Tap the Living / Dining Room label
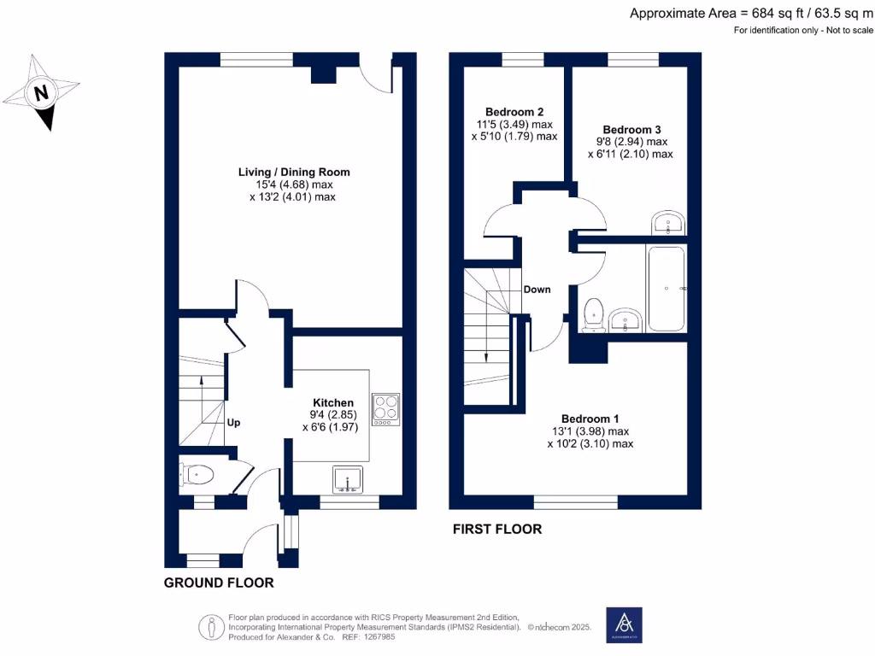pyautogui.click(x=294, y=172)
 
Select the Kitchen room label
pyautogui.click(x=333, y=402)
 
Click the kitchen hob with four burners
pyautogui.click(x=386, y=409)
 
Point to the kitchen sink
pyautogui.click(x=348, y=480)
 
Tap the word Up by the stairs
pyautogui.click(x=233, y=422)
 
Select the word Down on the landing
pyautogui.click(x=537, y=290)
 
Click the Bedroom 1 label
pyautogui.click(x=590, y=419)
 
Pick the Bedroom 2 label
pyautogui.click(x=514, y=112)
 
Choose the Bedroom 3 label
pyautogui.click(x=631, y=130)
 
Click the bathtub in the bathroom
pyautogui.click(x=667, y=290)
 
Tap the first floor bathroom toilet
pyautogui.click(x=591, y=313)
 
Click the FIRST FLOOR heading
pyautogui.click(x=496, y=529)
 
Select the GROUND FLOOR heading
pyautogui.click(x=219, y=583)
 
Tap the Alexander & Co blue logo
pyautogui.click(x=624, y=625)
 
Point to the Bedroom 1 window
pyautogui.click(x=576, y=501)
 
